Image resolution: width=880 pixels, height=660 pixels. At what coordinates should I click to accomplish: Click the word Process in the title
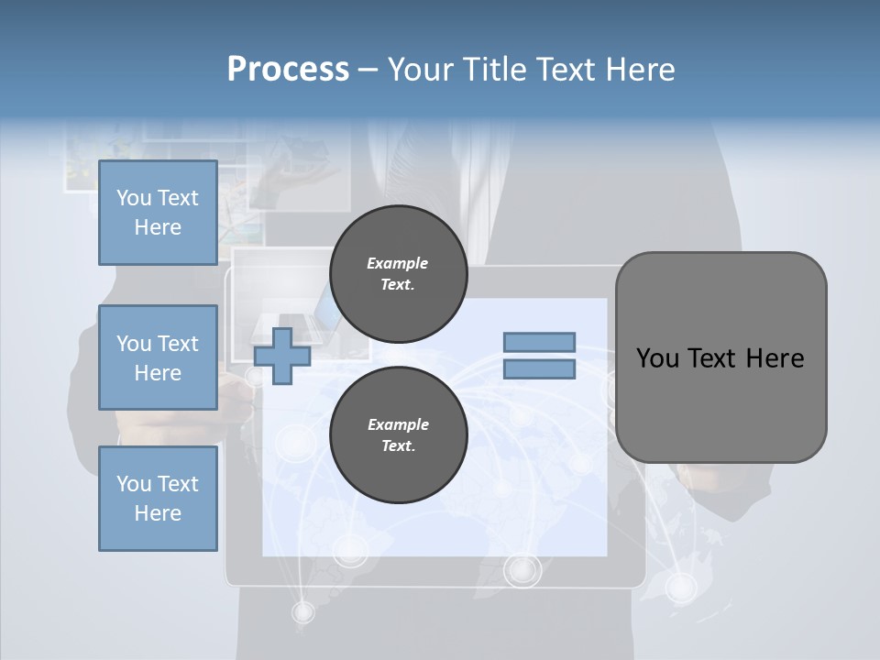coord(288,70)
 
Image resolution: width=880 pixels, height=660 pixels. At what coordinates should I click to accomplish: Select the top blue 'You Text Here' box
coord(158,213)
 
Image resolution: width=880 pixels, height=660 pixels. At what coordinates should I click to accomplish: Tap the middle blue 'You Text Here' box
coord(158,357)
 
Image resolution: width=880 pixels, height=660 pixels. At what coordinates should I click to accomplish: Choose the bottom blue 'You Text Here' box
coord(158,498)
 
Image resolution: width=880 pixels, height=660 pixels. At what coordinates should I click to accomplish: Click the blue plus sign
coord(282,356)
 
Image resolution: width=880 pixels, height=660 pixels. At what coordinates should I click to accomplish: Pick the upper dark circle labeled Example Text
coord(398,274)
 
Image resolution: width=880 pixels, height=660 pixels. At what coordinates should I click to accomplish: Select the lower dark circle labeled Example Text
coord(398,435)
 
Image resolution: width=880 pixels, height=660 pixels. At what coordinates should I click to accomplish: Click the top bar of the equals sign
coord(539,342)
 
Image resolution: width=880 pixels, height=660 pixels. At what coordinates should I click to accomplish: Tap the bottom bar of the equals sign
coord(539,369)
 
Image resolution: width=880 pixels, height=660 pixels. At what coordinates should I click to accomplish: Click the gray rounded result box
coord(720,403)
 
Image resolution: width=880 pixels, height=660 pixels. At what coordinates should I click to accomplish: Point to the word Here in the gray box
coord(775,358)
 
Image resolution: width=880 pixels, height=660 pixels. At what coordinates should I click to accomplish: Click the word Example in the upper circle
coord(397,263)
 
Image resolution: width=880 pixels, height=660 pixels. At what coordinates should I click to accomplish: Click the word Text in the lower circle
coord(397,446)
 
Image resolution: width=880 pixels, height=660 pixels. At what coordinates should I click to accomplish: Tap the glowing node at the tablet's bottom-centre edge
coord(522,570)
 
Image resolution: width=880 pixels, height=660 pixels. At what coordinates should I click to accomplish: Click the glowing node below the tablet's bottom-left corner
coord(302,610)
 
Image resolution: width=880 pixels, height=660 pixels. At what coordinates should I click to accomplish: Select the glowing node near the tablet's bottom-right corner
coord(680,586)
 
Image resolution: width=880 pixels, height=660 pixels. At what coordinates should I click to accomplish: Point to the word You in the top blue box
coord(134,198)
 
